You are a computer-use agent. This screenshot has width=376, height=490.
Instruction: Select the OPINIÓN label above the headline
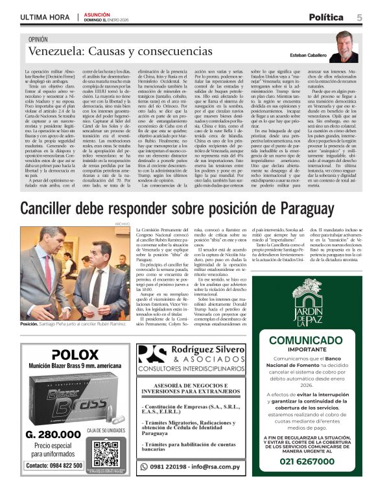[x=41, y=40]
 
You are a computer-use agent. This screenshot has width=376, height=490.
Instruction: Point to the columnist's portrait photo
[x=349, y=47]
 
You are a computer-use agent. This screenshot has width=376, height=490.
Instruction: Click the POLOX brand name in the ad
[x=74, y=355]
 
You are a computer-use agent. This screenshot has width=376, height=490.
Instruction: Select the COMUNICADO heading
[x=314, y=341]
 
